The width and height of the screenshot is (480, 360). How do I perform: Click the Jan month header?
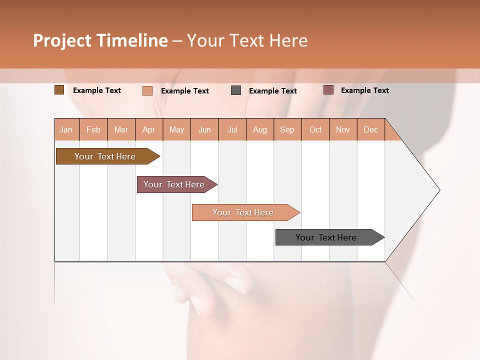(x=66, y=130)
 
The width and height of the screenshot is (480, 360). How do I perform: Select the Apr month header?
(x=149, y=130)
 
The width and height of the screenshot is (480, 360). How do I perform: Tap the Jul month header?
(x=232, y=130)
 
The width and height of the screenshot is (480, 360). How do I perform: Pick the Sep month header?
(x=287, y=130)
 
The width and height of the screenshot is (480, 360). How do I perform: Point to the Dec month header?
(x=371, y=130)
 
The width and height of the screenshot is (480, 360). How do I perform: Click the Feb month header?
(x=93, y=130)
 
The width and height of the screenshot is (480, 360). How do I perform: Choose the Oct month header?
(x=315, y=130)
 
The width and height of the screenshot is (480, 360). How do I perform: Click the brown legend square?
(x=59, y=90)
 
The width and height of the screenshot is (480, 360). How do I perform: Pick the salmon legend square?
(x=147, y=90)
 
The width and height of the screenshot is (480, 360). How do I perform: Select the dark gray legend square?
(x=236, y=90)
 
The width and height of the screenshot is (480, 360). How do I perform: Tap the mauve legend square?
(x=328, y=90)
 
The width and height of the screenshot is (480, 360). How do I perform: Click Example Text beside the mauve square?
(x=364, y=90)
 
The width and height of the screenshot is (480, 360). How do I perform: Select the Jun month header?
(x=204, y=130)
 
